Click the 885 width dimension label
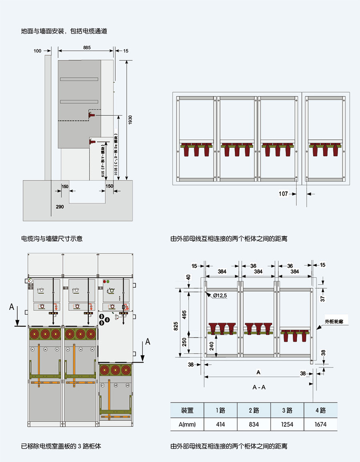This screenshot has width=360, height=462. point(87,47)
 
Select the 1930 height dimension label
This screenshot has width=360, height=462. point(130,120)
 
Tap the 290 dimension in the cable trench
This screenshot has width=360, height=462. point(60,207)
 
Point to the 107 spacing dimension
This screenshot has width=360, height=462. point(283,194)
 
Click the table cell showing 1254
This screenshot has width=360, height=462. point(287,424)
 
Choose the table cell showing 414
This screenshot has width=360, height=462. point(220,424)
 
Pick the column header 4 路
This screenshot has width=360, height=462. point(320,410)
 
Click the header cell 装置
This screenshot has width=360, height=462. point(187,410)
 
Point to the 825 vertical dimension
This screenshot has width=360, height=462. point(176,327)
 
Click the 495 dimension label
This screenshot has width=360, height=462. point(184,315)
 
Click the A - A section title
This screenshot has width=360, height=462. point(259,387)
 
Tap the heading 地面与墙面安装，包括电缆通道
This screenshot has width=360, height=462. point(64,31)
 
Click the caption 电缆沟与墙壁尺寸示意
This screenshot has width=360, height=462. point(52,239)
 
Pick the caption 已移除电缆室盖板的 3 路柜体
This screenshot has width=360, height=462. point(61,446)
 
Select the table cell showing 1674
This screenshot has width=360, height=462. point(320,424)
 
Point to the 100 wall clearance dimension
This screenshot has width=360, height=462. point(38,51)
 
